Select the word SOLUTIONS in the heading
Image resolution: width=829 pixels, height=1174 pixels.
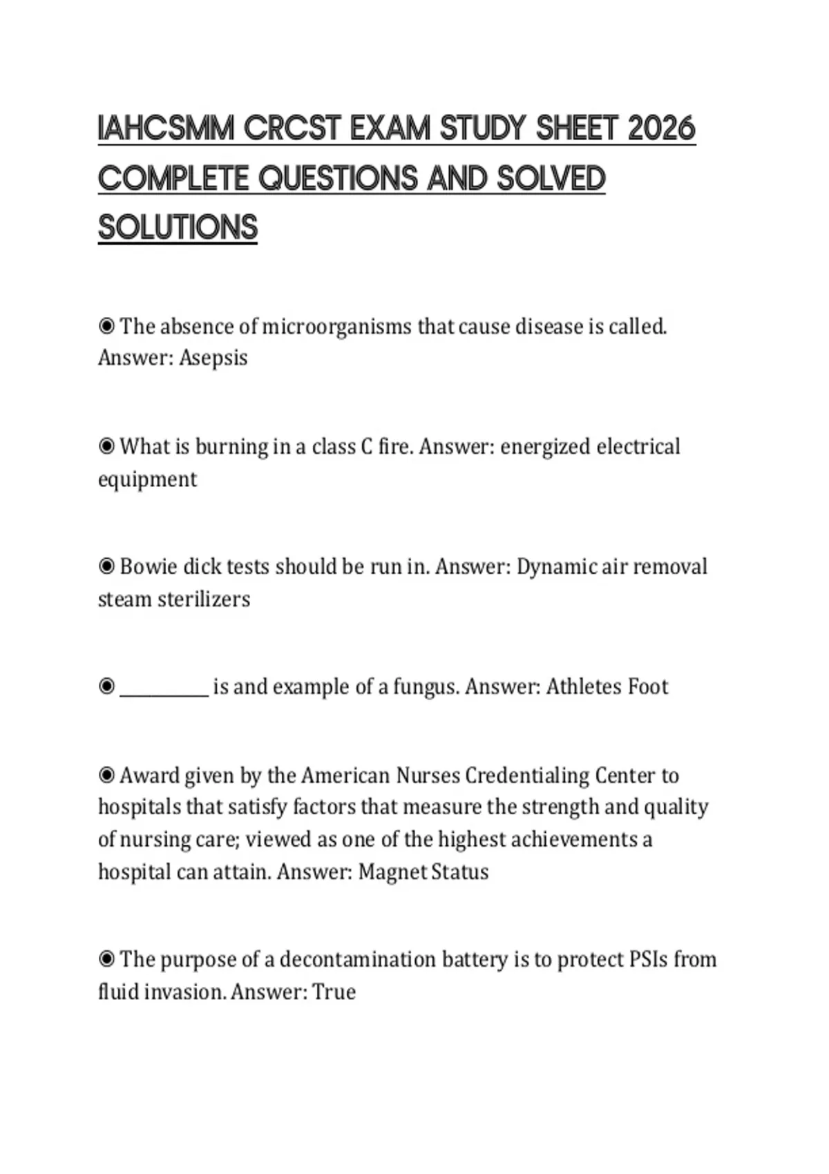click(178, 228)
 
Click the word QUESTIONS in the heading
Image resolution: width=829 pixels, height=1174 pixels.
click(339, 179)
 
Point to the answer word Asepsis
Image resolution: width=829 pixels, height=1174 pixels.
click(213, 358)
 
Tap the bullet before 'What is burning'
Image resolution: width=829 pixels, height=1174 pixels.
click(106, 447)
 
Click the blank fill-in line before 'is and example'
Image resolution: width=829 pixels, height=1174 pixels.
click(164, 688)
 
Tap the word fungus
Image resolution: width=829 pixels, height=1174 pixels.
click(426, 687)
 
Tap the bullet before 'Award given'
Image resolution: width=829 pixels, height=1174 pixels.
click(106, 776)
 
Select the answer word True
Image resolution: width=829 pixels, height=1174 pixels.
click(334, 992)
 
